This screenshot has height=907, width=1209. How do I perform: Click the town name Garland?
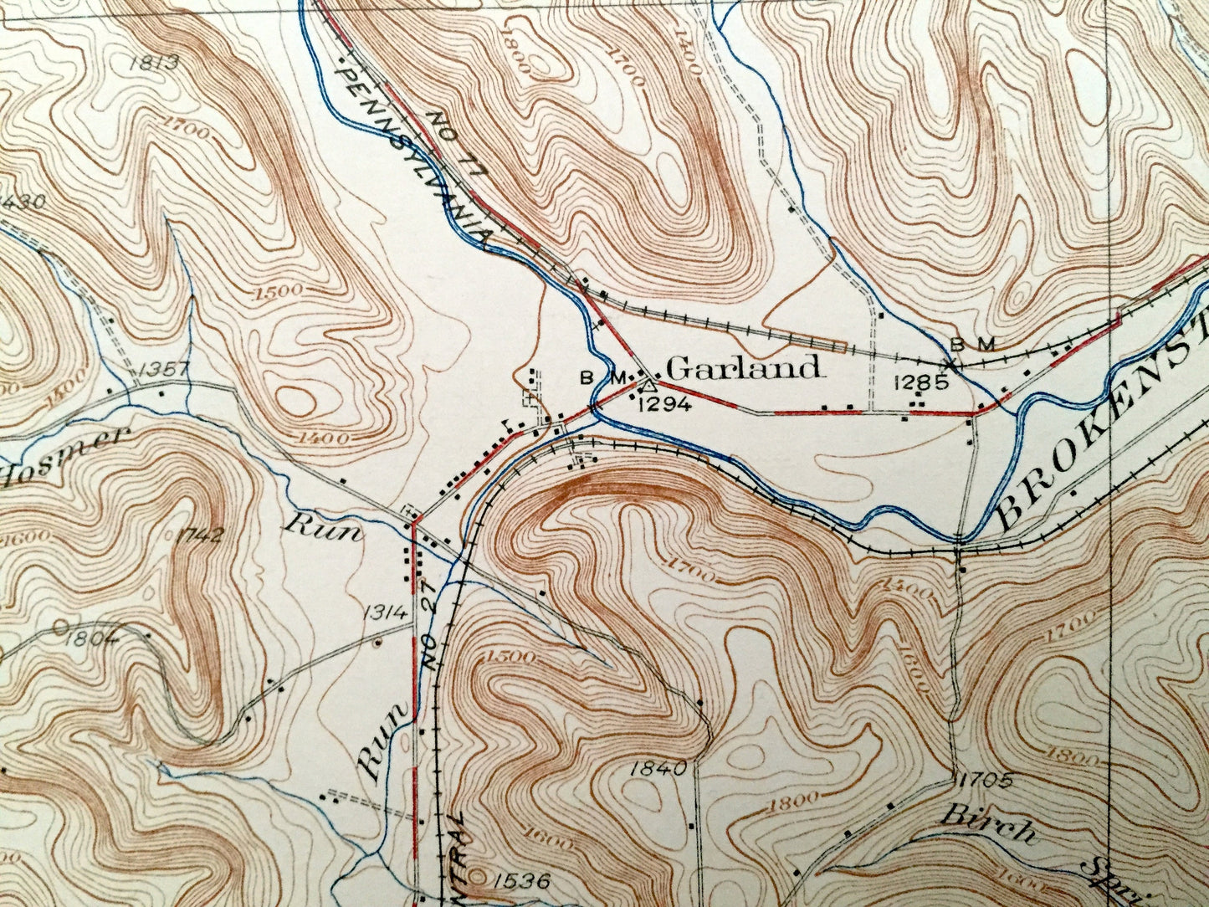pyautogui.click(x=744, y=368)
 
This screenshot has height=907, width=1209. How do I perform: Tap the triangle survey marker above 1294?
pyautogui.click(x=648, y=386)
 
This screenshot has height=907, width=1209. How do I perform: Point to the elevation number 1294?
pyautogui.click(x=663, y=405)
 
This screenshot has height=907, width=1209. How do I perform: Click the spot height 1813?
pyautogui.click(x=155, y=61)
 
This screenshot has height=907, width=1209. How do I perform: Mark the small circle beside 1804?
pyautogui.click(x=60, y=626)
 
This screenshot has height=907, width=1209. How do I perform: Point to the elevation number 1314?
pyautogui.click(x=385, y=612)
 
